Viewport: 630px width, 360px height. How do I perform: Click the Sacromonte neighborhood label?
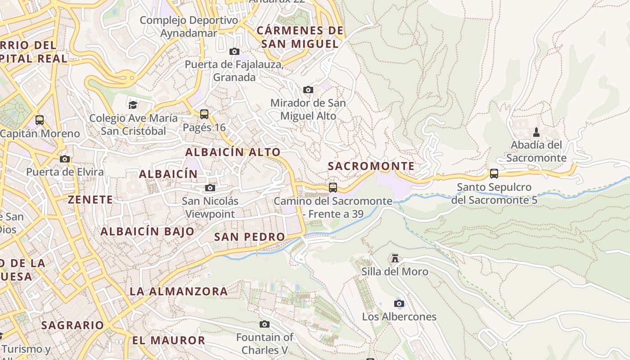coord(371,166)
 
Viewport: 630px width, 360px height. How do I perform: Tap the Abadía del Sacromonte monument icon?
coord(536,132)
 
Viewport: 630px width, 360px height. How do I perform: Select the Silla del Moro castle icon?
coord(395,258)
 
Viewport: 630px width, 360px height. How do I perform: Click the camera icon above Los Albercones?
coord(399,303)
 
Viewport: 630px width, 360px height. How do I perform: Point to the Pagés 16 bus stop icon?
coord(204,114)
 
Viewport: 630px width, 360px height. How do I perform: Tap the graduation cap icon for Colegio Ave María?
coord(133,105)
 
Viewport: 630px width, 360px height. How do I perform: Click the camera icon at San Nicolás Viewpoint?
coord(210,188)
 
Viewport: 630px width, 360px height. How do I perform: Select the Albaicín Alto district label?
coord(233,152)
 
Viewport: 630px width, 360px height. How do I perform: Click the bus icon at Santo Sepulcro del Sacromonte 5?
coord(494,174)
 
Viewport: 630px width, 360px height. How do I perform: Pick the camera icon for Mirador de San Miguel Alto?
coord(308,90)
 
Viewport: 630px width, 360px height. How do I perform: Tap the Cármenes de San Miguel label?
coord(300,37)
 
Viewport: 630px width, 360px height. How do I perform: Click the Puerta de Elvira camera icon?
coord(65,159)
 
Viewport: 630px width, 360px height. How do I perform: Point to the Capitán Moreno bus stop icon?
coord(40,120)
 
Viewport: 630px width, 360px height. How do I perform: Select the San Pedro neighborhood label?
coord(249,237)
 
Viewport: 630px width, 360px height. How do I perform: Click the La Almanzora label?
coord(179,291)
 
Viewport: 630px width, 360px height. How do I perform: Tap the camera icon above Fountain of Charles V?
coord(265,324)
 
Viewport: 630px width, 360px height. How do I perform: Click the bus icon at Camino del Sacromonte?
coord(333,187)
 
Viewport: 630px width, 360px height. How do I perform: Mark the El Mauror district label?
coord(169,340)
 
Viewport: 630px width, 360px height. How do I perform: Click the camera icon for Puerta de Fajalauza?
coord(234,51)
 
